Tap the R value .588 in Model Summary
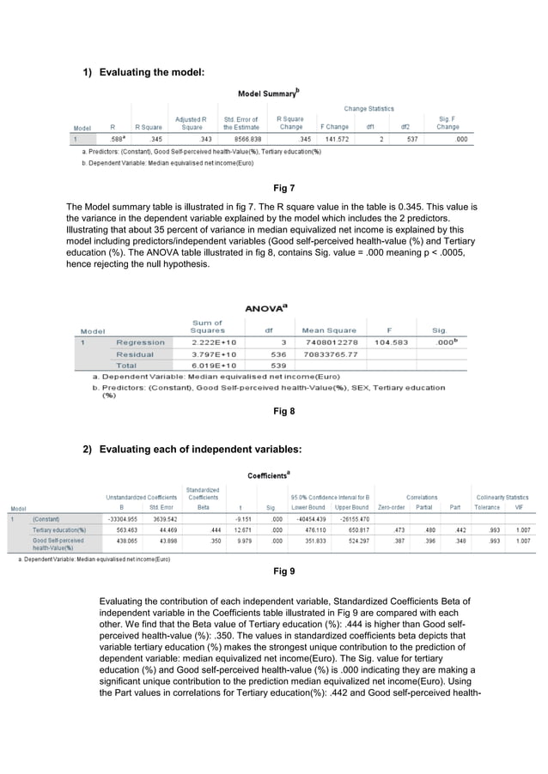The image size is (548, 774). pos(118,137)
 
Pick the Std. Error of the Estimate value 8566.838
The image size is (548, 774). pos(241,137)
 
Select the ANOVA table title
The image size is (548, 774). pos(265,307)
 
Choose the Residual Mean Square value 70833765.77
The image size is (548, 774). pos(331,354)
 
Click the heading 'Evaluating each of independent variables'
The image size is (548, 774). pos(200,450)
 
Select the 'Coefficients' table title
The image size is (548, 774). pos(268,475)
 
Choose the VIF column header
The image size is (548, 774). pos(518,507)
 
